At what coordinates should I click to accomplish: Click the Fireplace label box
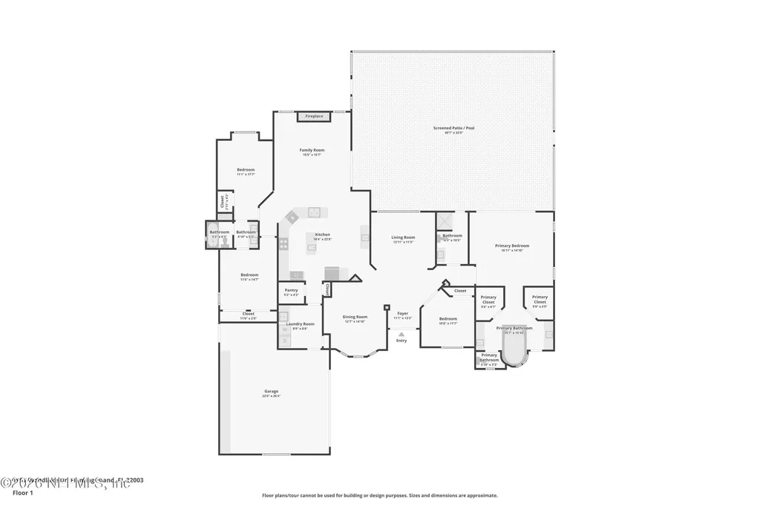point(314,116)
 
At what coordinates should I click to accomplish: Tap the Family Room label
point(312,150)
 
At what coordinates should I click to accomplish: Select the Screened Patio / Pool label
point(453,128)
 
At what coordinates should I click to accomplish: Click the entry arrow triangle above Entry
point(402,335)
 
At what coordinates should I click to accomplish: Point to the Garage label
point(271,391)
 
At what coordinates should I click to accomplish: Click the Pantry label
point(291,290)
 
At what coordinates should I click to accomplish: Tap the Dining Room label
point(355,317)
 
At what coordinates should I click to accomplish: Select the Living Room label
point(403,237)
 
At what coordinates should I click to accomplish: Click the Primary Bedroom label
point(512,246)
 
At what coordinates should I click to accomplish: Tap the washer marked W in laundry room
point(284,330)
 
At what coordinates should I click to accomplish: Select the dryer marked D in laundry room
point(284,341)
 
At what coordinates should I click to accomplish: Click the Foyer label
point(402,313)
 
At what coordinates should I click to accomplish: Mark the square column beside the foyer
point(387,306)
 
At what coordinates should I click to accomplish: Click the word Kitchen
point(322,234)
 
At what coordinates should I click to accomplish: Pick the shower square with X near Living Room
point(445,222)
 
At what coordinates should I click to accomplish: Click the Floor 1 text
point(24,492)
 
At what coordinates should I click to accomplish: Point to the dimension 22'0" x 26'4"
point(271,396)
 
